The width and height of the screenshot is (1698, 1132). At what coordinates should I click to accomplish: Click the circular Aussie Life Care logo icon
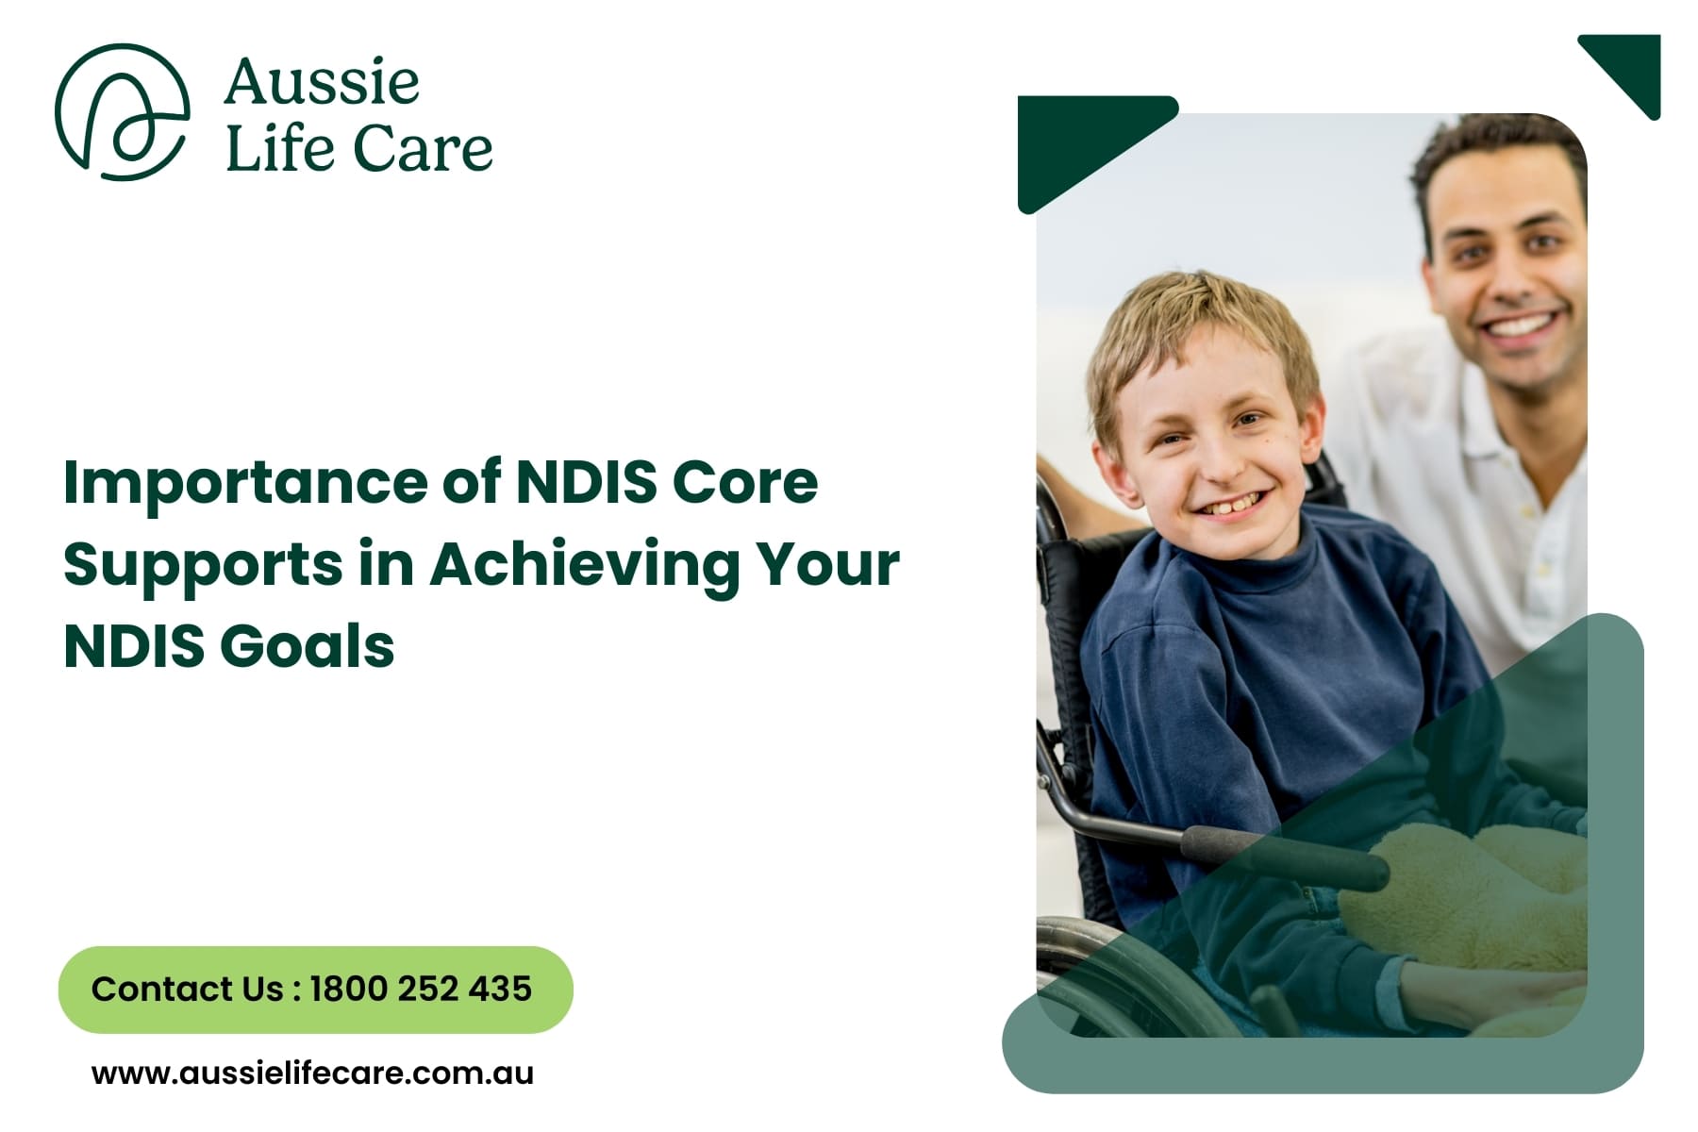click(x=122, y=111)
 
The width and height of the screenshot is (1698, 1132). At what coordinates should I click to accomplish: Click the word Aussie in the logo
click(x=322, y=82)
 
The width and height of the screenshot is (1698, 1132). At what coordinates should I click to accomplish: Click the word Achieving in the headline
click(x=585, y=564)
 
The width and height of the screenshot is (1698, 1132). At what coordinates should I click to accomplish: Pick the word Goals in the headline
click(x=308, y=647)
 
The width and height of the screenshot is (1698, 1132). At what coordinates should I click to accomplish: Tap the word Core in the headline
click(x=744, y=483)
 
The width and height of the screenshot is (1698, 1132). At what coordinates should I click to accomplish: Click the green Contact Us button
click(x=315, y=989)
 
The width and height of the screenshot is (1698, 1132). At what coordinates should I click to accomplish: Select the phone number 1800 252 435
click(x=421, y=989)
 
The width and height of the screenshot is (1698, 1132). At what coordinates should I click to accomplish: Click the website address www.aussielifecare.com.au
click(x=312, y=1073)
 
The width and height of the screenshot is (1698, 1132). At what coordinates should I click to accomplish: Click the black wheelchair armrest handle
click(x=1283, y=854)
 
